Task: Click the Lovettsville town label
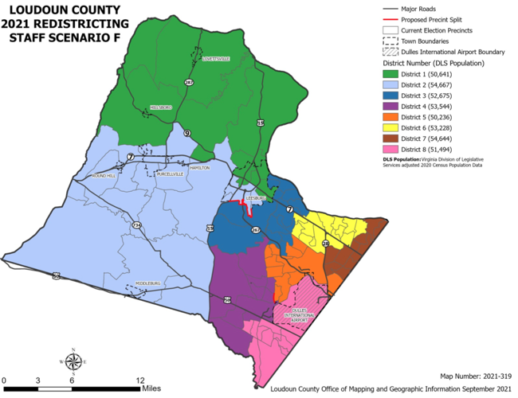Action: pos(214,59)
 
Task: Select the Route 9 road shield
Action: pos(186,133)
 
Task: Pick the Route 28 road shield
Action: pos(325,242)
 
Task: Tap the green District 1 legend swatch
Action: pos(391,74)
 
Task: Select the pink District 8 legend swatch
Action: pos(391,149)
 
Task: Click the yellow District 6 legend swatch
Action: pos(391,127)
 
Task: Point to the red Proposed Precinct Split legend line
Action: pos(391,19)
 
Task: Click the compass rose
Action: pos(73,361)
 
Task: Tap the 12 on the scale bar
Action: pos(140,380)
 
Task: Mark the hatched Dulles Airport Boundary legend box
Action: pos(391,52)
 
